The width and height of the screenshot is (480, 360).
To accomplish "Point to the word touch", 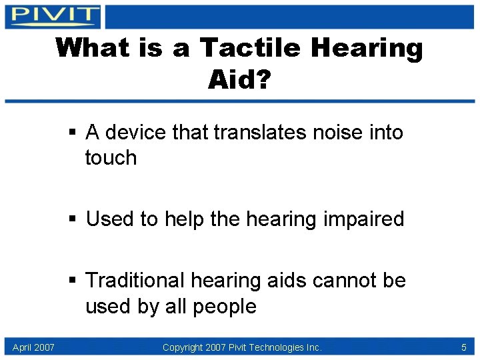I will pos(111,158).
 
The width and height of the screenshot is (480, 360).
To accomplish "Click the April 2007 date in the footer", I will pos(33,347).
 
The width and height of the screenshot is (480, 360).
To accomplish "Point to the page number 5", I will pos(463,347).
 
